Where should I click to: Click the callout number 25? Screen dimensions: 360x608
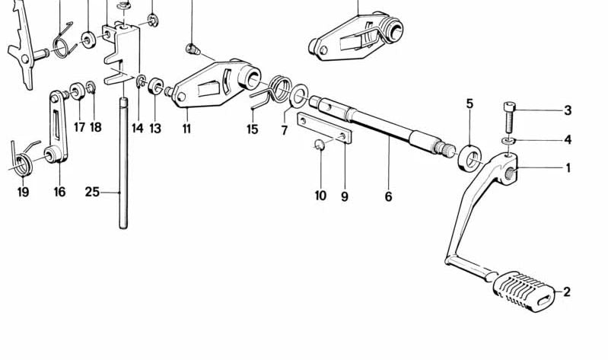tap(92, 192)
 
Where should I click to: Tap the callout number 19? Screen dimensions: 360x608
tap(23, 192)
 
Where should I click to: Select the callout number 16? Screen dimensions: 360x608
tap(59, 192)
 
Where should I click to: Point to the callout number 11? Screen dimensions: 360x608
tap(186, 129)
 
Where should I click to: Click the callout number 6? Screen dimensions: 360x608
tap(388, 196)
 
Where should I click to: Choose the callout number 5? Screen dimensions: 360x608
tap(470, 103)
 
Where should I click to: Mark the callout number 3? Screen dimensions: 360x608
tap(567, 110)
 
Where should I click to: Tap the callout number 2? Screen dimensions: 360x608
tap(567, 292)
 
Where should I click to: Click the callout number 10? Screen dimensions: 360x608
tap(320, 196)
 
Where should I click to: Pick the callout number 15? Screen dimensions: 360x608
tap(253, 129)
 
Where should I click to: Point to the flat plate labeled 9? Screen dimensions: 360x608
tap(325, 128)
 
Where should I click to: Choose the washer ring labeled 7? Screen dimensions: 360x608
tap(299, 96)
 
